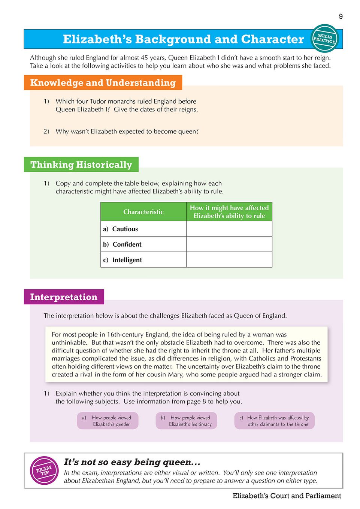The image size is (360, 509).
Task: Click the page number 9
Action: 341,16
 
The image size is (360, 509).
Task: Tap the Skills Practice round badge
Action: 324,38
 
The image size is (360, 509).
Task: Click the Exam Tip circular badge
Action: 44,470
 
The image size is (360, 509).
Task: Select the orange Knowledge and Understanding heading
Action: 103,83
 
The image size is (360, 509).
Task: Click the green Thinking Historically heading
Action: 81,165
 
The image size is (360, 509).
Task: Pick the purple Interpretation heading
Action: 64,297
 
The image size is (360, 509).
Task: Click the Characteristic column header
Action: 143,212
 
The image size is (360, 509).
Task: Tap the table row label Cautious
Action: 125,229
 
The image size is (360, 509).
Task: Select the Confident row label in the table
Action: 127,244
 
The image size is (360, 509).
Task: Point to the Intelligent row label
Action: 127,260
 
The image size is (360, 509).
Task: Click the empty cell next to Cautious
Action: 229,229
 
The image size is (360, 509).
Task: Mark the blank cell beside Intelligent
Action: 229,260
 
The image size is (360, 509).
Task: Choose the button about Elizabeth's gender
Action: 108,421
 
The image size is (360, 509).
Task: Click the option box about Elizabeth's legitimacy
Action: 187,421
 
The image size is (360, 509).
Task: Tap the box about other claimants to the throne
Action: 274,421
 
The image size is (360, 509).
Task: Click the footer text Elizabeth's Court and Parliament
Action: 287,496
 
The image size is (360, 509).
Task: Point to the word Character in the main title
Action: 272,39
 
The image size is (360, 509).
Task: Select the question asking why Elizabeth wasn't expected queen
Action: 127,131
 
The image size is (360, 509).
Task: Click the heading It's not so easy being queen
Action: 132,462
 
